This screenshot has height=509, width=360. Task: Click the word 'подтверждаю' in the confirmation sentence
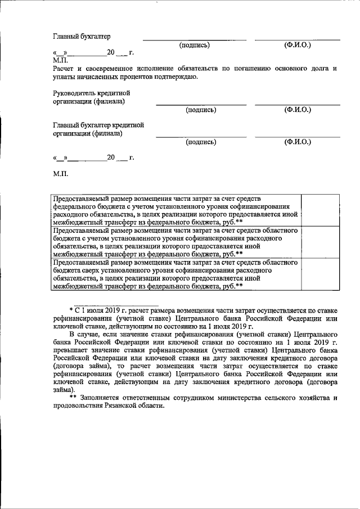point(173,76)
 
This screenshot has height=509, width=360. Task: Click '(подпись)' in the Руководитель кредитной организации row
point(201,110)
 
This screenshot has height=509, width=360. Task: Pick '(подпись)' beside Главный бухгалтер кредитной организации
point(201,142)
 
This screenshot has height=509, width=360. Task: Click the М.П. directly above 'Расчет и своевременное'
point(60,60)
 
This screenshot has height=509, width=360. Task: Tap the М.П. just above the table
point(60,175)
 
